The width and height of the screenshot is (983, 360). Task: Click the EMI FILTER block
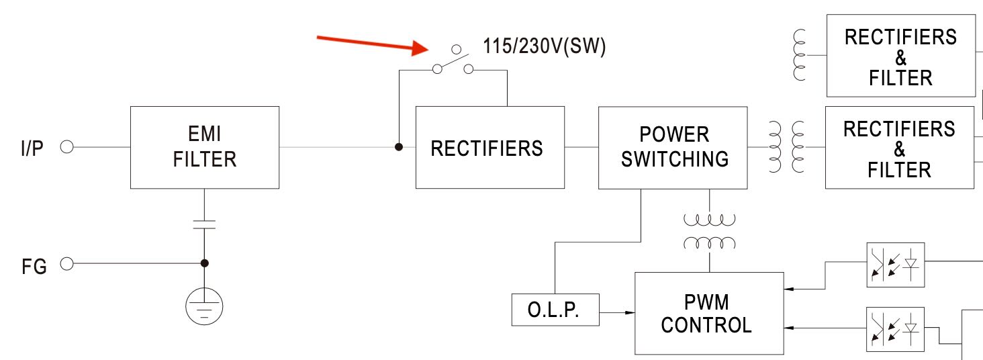[205, 147]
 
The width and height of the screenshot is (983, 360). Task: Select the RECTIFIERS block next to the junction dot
[489, 147]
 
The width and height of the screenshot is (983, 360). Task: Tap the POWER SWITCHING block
[672, 147]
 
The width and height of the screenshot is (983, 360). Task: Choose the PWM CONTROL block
[709, 313]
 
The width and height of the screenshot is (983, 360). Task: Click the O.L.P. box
[555, 310]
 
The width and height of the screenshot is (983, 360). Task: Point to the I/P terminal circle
[66, 147]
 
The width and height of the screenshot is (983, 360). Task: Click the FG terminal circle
[66, 264]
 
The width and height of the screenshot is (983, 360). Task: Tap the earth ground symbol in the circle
[204, 307]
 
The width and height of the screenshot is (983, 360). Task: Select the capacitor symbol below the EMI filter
[204, 224]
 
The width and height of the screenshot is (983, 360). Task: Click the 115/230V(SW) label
[545, 47]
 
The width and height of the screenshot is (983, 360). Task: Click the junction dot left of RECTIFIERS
[399, 147]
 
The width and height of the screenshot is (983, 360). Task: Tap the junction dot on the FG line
[205, 263]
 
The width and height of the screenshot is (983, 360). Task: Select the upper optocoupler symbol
[895, 265]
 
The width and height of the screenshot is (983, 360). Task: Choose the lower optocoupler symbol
[895, 329]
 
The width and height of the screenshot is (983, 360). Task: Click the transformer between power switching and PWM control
[709, 231]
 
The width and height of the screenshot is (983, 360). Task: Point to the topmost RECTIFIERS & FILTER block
[900, 56]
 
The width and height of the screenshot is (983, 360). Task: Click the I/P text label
[32, 148]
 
